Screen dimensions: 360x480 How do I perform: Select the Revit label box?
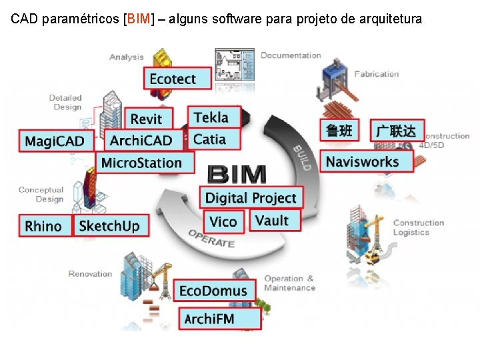click(x=147, y=119)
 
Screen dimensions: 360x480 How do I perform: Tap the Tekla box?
click(x=211, y=117)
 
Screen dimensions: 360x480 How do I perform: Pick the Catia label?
click(x=209, y=139)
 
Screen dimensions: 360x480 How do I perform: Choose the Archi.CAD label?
click(x=141, y=141)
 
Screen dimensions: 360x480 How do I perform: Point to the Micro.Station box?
click(x=141, y=163)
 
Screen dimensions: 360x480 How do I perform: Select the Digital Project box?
click(x=250, y=198)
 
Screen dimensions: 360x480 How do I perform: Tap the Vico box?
click(x=223, y=221)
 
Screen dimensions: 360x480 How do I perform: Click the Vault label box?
click(x=273, y=220)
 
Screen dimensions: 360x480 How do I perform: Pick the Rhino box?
click(x=44, y=226)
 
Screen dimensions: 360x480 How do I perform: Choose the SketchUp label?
click(x=109, y=225)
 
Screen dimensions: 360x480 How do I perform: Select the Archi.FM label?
click(x=210, y=318)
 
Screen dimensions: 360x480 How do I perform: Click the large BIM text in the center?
click(x=237, y=175)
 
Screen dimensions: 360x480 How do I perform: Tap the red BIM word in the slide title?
click(x=138, y=19)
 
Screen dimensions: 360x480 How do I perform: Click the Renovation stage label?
click(x=91, y=273)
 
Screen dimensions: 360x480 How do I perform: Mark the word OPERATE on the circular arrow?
click(x=211, y=238)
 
